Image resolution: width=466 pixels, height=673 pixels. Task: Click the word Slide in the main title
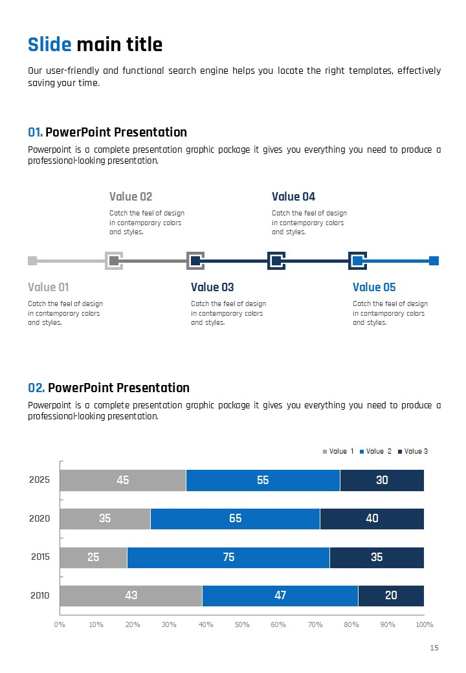pos(49,45)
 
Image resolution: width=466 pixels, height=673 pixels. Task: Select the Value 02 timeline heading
pos(131,197)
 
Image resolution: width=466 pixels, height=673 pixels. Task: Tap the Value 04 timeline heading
pos(293,197)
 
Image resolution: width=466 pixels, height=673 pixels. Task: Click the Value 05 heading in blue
pos(374,287)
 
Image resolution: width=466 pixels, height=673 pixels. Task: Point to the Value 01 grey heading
pos(48,287)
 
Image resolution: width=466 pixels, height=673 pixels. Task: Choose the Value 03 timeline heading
pos(212,287)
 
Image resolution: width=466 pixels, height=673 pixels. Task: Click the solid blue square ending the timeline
pos(434,261)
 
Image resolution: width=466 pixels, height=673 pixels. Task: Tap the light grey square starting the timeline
pos(32,261)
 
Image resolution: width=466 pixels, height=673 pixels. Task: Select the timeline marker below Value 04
pos(276,261)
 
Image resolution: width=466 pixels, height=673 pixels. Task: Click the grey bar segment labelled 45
pos(123,480)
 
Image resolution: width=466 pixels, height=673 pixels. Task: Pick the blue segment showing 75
pos(228,557)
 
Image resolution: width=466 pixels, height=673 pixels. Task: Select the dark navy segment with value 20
pos(391,595)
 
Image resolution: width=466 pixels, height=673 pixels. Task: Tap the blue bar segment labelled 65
pos(235,518)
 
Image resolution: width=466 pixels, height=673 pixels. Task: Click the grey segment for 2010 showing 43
pos(131,595)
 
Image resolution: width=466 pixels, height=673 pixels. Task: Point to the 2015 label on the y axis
pos(39,557)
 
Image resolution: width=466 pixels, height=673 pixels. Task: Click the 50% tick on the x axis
pos(242,624)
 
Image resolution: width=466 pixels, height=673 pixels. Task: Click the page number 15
pos(434,648)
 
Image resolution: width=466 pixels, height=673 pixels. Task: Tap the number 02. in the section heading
pos(36,388)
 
